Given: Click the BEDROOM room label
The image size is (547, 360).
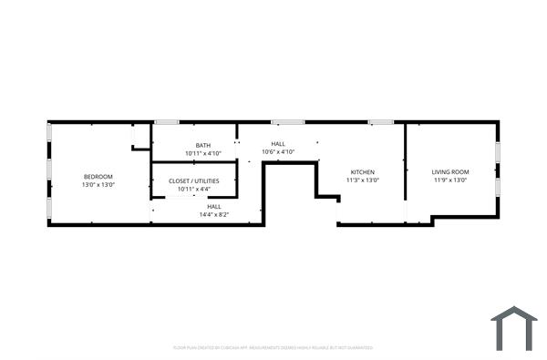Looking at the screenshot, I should pos(98,176).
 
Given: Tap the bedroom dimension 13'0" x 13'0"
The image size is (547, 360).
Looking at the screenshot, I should pos(98,185).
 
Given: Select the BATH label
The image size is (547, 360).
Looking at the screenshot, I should pos(202,145).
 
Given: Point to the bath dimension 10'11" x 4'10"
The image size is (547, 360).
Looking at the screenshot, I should pos(202,153).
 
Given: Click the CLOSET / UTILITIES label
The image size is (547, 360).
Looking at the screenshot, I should pos(194,180).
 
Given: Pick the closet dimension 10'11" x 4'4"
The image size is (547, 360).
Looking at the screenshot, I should pos(194,189).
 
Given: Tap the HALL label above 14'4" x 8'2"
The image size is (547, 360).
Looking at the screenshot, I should pos(214,206).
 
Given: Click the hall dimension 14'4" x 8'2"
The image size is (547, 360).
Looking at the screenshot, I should pos(214,215).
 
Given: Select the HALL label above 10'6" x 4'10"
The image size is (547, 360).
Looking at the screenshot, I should pos(278,144).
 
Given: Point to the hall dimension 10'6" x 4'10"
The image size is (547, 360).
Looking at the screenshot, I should pos(278,152).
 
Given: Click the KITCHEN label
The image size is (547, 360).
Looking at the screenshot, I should pos(363,172).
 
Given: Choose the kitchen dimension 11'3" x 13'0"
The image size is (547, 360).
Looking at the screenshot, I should pos(363,180).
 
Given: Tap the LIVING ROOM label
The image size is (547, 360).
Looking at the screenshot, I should pos(450,172).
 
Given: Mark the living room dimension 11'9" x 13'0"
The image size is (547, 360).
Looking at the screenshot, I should pos(450,180).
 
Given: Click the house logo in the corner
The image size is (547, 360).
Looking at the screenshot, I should pos(514,328).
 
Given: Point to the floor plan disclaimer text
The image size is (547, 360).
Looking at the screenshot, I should pos(273,347).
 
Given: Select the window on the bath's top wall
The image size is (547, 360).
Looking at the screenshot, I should pos(167,122).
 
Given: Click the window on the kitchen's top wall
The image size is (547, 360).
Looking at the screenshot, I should pos(381,122).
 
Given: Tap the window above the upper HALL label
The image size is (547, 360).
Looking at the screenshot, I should pos(287,122).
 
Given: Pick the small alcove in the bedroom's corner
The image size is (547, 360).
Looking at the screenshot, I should pos(141,137).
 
